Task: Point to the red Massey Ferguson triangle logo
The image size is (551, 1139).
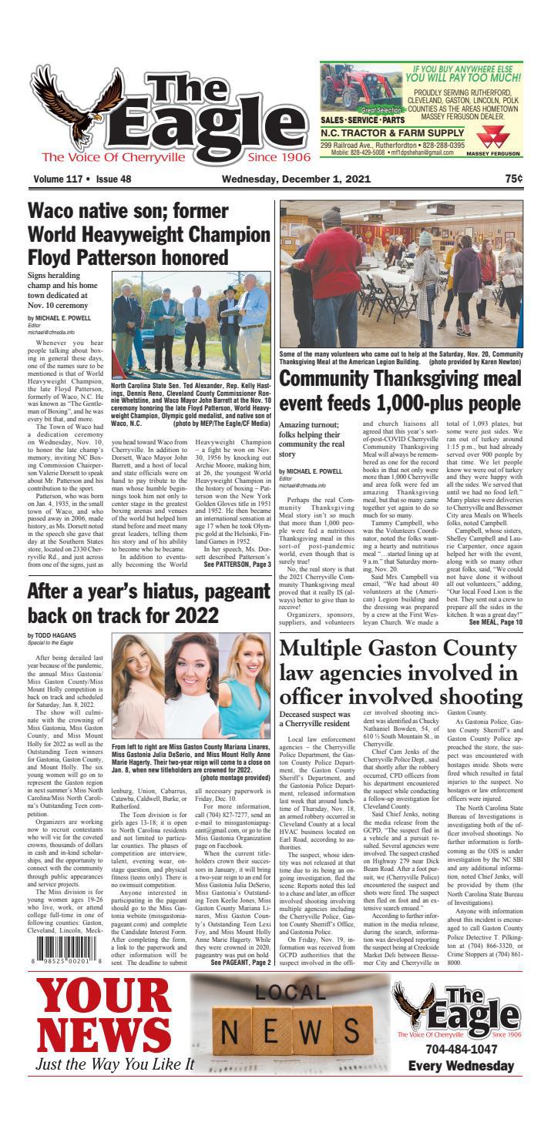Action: [490, 139]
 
